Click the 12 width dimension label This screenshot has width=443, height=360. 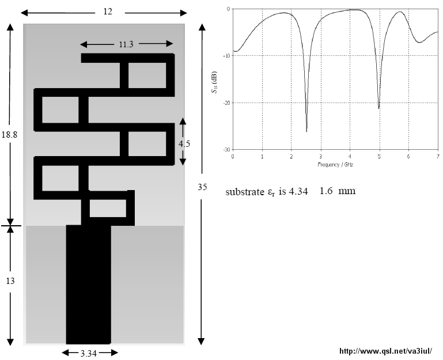pos(108,12)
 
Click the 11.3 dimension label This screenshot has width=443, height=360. pos(126,44)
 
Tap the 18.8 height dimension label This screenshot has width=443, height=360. pos(9,135)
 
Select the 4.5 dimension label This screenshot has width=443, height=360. pos(184,144)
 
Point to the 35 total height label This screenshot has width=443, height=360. pos(202,187)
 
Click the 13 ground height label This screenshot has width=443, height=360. pos(10,281)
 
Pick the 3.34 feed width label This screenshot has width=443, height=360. pos(89,354)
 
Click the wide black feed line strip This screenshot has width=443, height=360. pos(89,285)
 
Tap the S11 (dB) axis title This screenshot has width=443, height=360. pos(214,82)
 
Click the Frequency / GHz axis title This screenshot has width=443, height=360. pos(335,165)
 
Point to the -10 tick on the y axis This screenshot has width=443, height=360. pos(227,56)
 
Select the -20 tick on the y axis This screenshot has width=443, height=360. pos(227,103)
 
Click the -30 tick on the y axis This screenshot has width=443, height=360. pos(227,150)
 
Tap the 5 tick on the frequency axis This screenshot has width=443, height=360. pos(380,157)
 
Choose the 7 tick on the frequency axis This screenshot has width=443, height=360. pos(438,157)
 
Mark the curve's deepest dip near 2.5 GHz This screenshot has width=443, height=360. pos(306,131)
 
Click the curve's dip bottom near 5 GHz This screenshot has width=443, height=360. pos(378,108)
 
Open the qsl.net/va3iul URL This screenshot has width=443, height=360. pos(385,351)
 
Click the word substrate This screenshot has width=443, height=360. pos(245,192)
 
